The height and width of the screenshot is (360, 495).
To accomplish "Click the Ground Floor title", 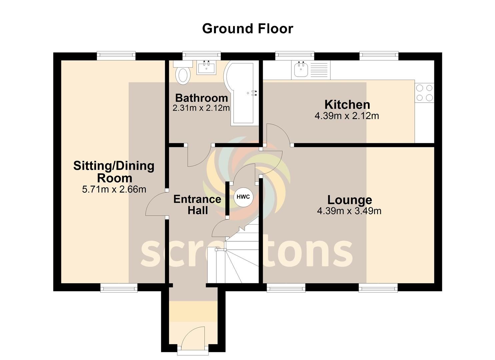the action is (247, 29).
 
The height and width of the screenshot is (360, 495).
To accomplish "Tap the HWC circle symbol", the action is (243, 197).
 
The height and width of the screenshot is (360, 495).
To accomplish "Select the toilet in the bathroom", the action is (183, 73).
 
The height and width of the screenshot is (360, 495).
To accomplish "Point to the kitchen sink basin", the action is (301, 69).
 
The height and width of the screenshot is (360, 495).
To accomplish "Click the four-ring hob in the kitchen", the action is (424, 93).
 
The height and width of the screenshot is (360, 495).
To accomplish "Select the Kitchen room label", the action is (347, 105).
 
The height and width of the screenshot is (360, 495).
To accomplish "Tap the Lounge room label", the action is (350, 200).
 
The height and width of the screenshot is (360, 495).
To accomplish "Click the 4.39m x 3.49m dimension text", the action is (349, 211).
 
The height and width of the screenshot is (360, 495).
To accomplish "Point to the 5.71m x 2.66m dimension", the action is (114, 189).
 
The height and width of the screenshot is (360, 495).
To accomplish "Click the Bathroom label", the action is (202, 98).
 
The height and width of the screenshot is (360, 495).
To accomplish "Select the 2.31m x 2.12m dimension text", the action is (201, 108).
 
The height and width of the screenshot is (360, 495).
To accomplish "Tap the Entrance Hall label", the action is (197, 205).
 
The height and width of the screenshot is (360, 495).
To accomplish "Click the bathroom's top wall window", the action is (202, 55).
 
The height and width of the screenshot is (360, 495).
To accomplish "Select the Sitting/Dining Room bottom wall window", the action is (119, 288).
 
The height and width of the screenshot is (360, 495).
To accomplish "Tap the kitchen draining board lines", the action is (319, 70).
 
